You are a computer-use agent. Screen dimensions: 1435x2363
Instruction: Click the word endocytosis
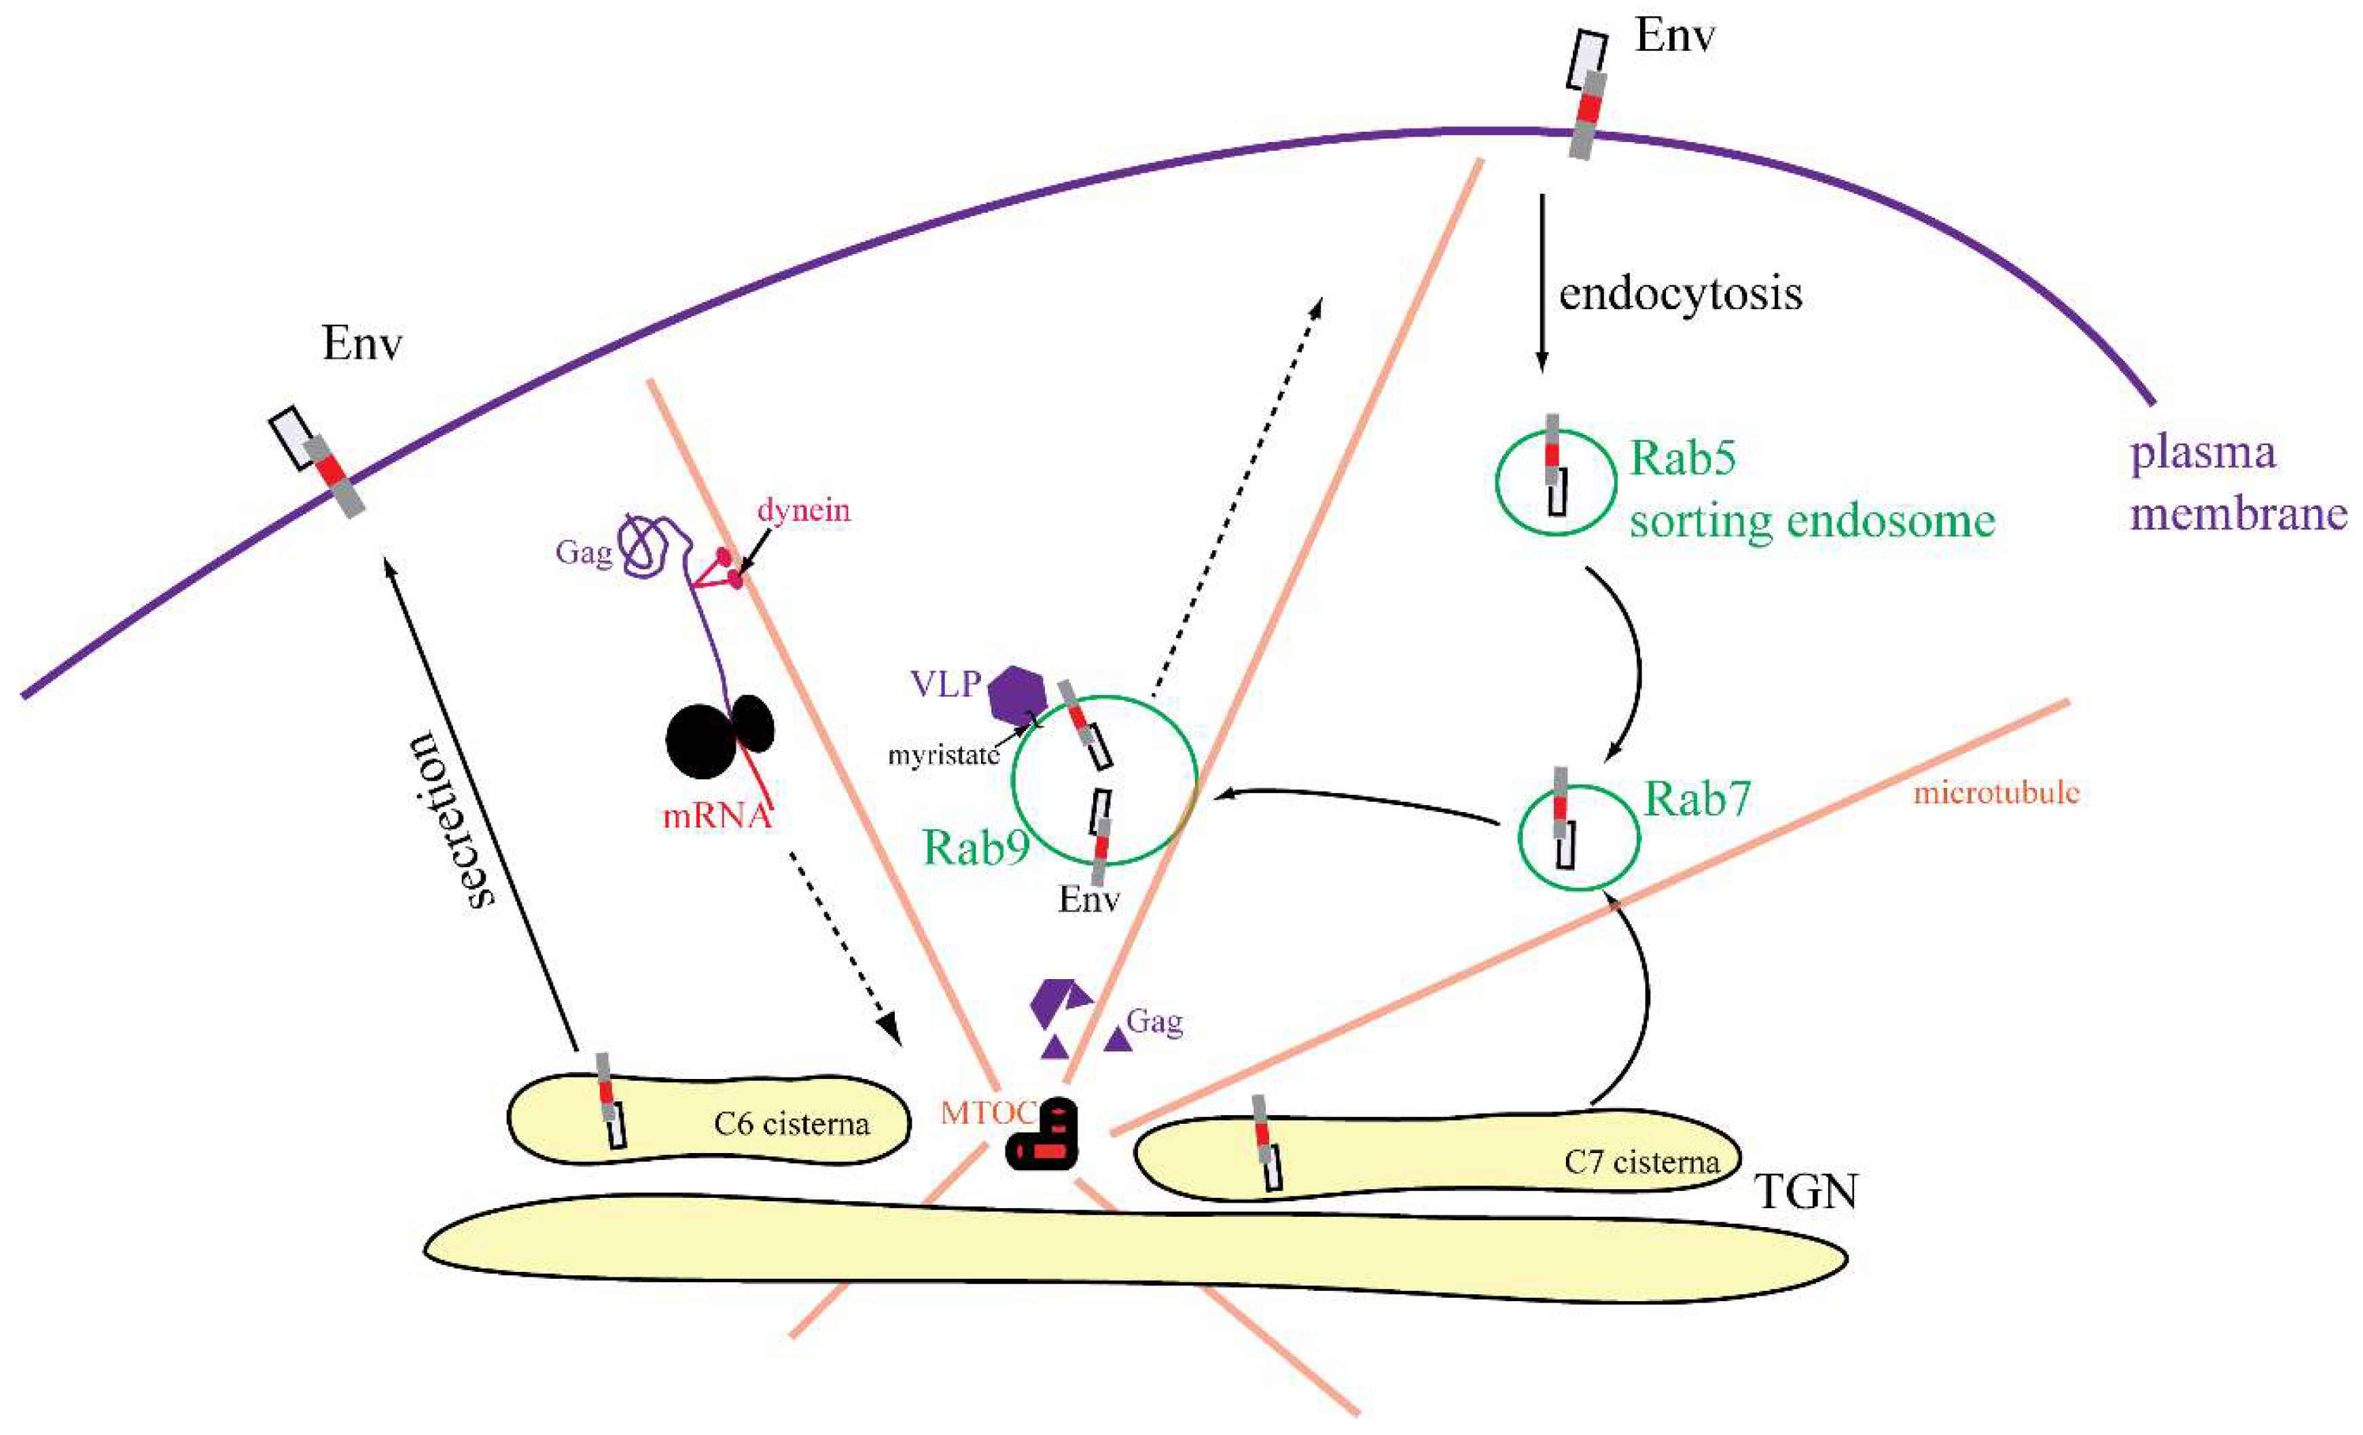pos(1680,294)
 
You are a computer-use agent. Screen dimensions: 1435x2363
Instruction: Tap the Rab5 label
pos(1683,459)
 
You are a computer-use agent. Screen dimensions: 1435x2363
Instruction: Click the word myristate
pos(944,756)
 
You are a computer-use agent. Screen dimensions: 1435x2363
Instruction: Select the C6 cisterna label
pos(792,1123)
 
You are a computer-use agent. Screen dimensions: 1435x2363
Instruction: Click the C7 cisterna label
pos(1641,1163)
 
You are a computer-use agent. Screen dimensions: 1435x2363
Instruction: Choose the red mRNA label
pos(716,816)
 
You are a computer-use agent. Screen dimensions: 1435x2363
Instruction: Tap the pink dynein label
pos(804,510)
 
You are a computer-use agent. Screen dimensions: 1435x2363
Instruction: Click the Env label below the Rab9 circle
pos(1088,899)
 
